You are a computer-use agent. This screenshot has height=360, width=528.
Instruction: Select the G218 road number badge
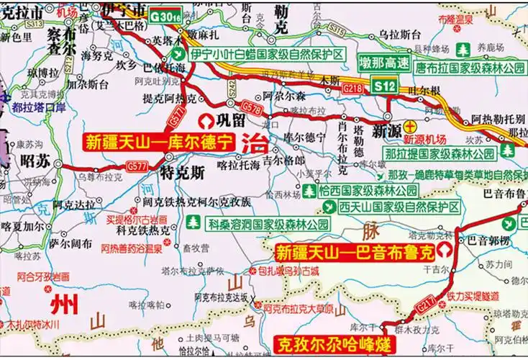[353, 88]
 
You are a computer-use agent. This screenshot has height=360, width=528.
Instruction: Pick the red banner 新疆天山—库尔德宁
[159, 141]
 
